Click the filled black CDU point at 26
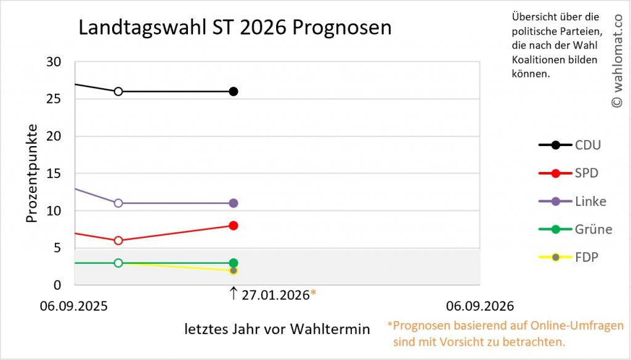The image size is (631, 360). (234, 91)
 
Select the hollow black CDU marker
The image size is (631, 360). (118, 91)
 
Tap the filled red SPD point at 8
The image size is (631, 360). (234, 226)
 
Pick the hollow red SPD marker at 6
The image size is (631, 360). (118, 240)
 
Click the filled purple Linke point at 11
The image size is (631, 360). (234, 203)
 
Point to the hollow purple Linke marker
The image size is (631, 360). (118, 203)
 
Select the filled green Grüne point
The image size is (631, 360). (234, 263)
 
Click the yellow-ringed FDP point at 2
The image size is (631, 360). (234, 271)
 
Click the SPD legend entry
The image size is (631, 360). (569, 173)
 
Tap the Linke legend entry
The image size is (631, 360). (572, 202)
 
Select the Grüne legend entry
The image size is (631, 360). (576, 229)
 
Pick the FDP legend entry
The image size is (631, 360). (569, 257)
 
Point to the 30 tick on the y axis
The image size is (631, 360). (54, 62)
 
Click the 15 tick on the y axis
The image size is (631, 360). (54, 174)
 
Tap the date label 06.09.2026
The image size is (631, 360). (480, 306)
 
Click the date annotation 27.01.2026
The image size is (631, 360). (275, 295)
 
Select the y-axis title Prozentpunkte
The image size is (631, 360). (32, 173)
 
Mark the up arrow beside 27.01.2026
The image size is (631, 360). (234, 293)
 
